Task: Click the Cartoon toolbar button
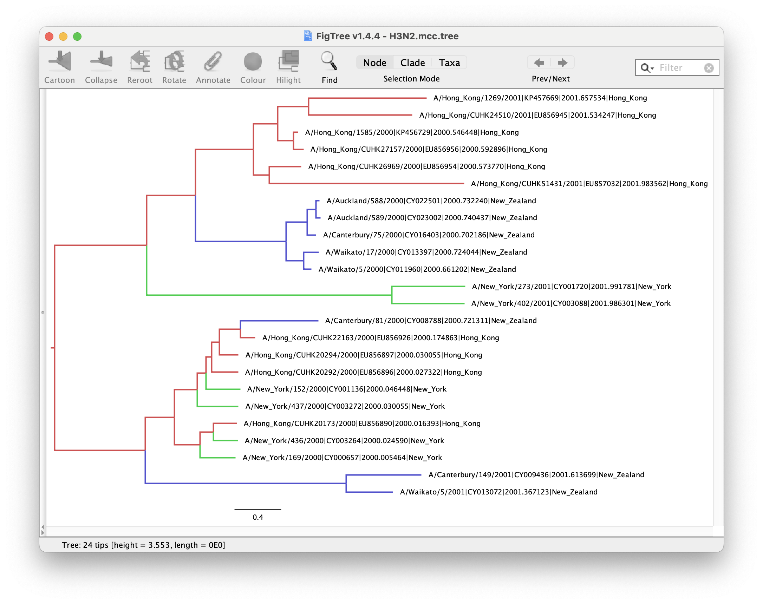pos(59,67)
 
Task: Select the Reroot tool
pos(140,67)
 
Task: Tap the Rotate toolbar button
pos(174,67)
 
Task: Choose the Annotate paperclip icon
pos(213,61)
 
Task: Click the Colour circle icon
pos(253,61)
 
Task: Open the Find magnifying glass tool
pos(329,61)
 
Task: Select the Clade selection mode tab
pos(412,63)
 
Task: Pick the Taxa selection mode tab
pos(449,63)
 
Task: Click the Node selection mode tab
pos(374,63)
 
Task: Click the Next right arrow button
pos(562,63)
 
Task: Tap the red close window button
pos(49,37)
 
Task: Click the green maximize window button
pos(77,37)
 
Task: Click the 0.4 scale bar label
pos(257,517)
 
